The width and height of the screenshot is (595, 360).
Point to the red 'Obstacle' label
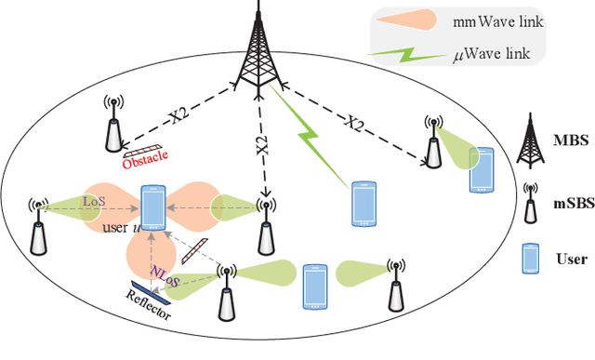point(144,160)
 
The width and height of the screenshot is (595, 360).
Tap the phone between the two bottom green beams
point(316,287)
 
